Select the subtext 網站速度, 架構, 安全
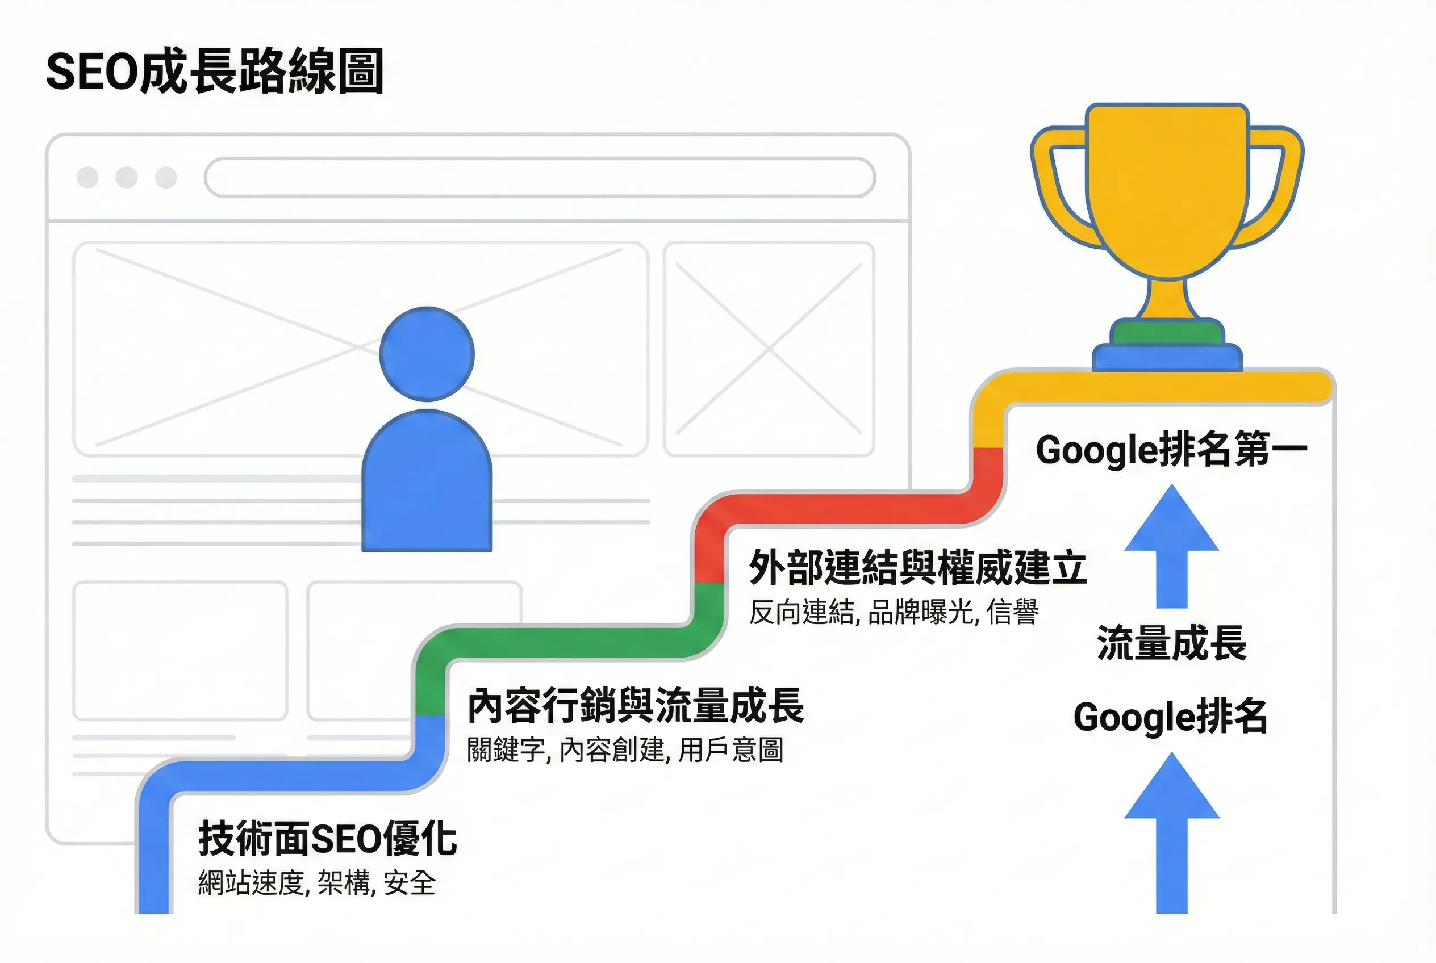(x=316, y=883)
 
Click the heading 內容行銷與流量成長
(x=636, y=706)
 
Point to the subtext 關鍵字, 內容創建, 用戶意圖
(x=625, y=750)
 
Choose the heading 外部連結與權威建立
(x=918, y=567)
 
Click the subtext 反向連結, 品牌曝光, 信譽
(x=894, y=612)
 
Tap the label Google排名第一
(x=1171, y=450)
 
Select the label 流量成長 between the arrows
(x=1171, y=643)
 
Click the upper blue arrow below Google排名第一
(x=1171, y=546)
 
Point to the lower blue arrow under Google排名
(x=1171, y=833)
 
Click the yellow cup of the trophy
(x=1167, y=190)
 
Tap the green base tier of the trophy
(x=1167, y=332)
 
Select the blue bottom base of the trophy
(x=1167, y=358)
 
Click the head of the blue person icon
(x=427, y=354)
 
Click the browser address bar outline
(x=540, y=178)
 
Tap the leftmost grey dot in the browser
(x=87, y=178)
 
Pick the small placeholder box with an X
(x=769, y=349)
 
